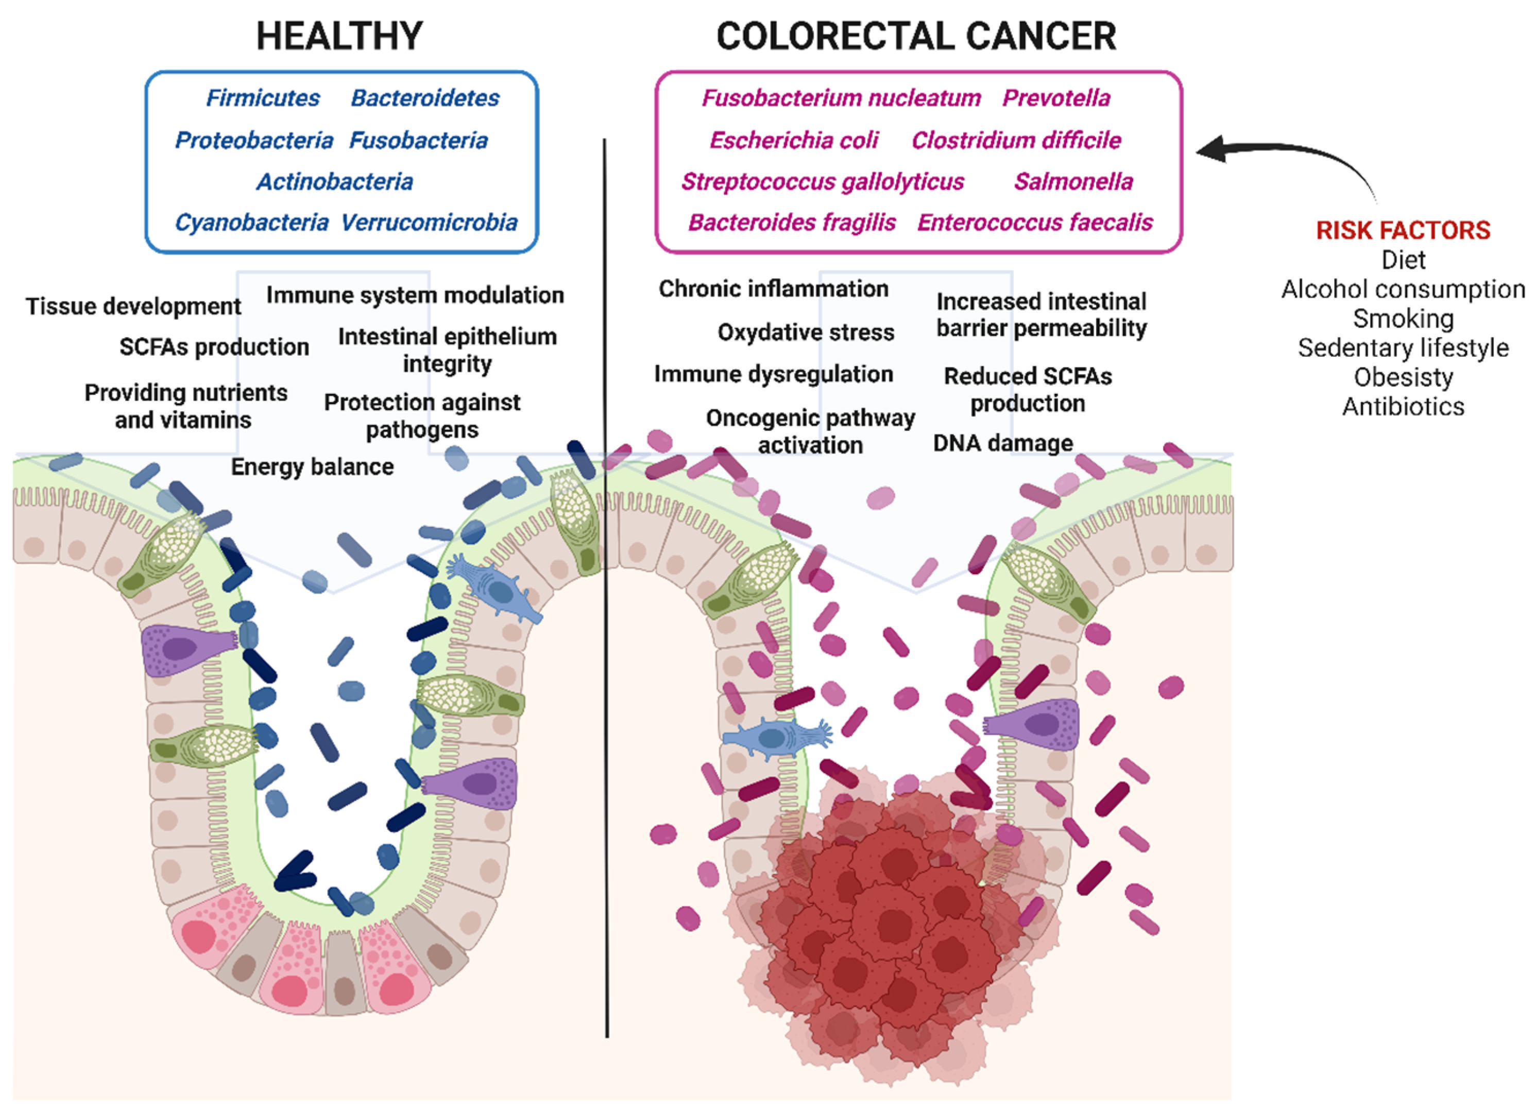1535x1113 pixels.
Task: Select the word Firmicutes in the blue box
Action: tap(263, 98)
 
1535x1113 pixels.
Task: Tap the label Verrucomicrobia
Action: tap(429, 222)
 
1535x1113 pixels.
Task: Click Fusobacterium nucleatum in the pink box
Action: tap(841, 98)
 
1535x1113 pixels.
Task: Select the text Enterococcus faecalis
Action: tap(1034, 222)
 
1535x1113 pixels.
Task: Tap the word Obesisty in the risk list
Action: tap(1403, 377)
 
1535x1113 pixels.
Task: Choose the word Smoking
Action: tap(1403, 319)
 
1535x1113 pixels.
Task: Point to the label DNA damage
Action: tap(1002, 443)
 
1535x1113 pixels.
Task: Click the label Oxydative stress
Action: tap(806, 332)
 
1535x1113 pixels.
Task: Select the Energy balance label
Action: tap(312, 467)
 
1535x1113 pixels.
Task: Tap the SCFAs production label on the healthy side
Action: tap(214, 347)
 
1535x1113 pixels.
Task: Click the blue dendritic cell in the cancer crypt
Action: tap(775, 738)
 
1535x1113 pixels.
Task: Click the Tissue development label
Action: tap(133, 306)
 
